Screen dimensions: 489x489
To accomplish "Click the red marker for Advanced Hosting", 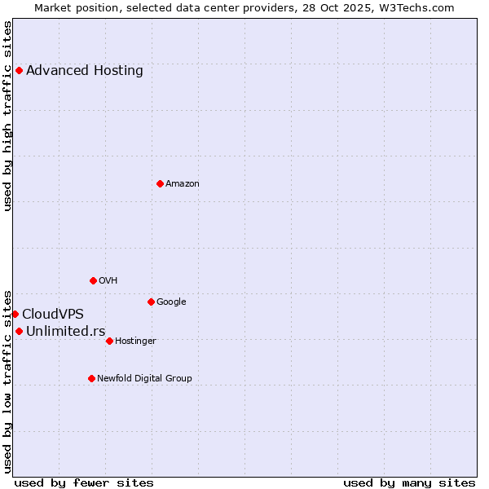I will coord(19,70).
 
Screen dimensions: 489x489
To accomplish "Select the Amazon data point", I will coord(160,183).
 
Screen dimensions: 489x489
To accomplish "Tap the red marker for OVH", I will coord(93,280).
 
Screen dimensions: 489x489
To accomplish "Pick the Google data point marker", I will coord(151,302).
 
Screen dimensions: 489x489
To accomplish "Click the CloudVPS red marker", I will coord(15,314).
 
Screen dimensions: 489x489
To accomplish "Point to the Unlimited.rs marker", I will coord(19,331).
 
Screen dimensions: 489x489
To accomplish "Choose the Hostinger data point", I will coord(109,341).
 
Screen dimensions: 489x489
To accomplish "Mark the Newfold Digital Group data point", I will coord(91,378).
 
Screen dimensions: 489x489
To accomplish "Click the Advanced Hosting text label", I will coord(85,70).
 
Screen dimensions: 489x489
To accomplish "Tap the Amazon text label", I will coord(183,184).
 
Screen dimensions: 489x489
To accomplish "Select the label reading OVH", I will coord(108,281).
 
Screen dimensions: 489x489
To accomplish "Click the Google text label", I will coord(171,302).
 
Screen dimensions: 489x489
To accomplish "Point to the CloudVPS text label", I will coord(53,314).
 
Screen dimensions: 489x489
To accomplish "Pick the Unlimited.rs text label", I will coord(66,331).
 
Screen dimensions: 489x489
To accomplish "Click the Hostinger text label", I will coord(135,341).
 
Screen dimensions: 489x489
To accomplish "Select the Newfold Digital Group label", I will coord(144,379).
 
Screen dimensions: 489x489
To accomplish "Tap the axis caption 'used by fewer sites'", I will coord(84,482).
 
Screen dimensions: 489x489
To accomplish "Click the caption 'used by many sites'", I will coord(408,482).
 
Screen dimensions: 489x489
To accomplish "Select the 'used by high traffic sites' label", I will coord(7,116).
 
